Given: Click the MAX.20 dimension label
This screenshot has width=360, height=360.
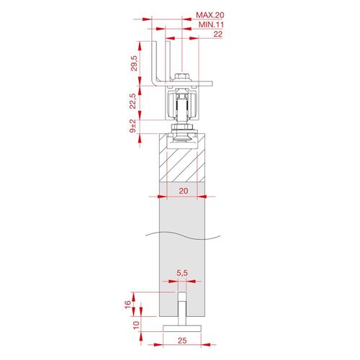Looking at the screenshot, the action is (x=210, y=15).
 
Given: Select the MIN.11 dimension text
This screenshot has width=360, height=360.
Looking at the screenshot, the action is (x=211, y=24).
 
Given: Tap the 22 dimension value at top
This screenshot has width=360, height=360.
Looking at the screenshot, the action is (x=217, y=34).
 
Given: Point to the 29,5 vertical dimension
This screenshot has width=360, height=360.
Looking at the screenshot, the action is (x=134, y=63).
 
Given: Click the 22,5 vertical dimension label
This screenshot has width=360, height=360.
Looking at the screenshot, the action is (x=132, y=101).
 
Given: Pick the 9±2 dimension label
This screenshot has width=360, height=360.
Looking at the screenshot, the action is (x=132, y=126).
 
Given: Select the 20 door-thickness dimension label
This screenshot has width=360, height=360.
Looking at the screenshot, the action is (x=184, y=191).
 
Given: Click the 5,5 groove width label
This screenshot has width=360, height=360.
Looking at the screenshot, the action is (x=182, y=273).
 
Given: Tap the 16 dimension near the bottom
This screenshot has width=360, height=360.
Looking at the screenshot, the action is (x=128, y=305).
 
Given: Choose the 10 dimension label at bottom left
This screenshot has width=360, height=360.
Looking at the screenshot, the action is (x=136, y=325).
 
